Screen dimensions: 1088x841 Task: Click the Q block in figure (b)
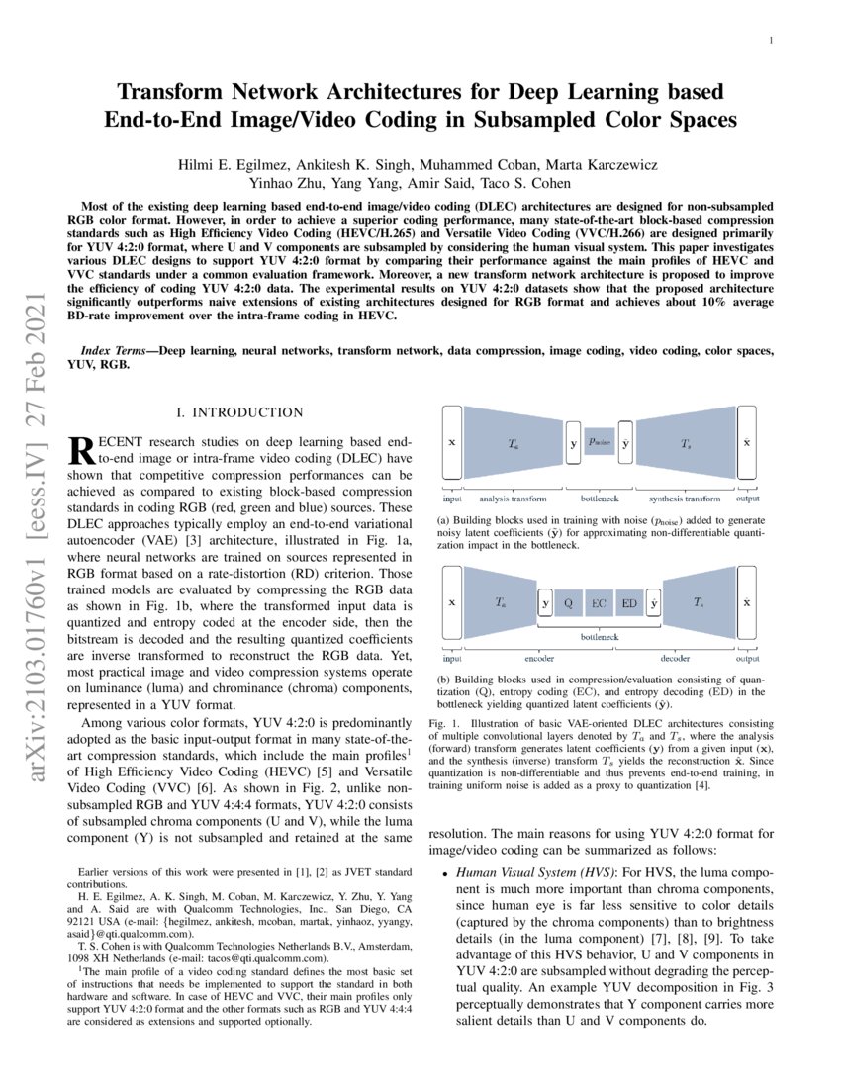click(568, 601)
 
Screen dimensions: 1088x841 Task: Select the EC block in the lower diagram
click(599, 601)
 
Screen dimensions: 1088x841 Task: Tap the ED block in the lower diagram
click(629, 601)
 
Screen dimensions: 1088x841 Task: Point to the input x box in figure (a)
click(451, 443)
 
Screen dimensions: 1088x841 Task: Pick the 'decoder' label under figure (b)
click(675, 656)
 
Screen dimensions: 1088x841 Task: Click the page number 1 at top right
click(769, 41)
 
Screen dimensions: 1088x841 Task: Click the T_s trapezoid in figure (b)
click(699, 601)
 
